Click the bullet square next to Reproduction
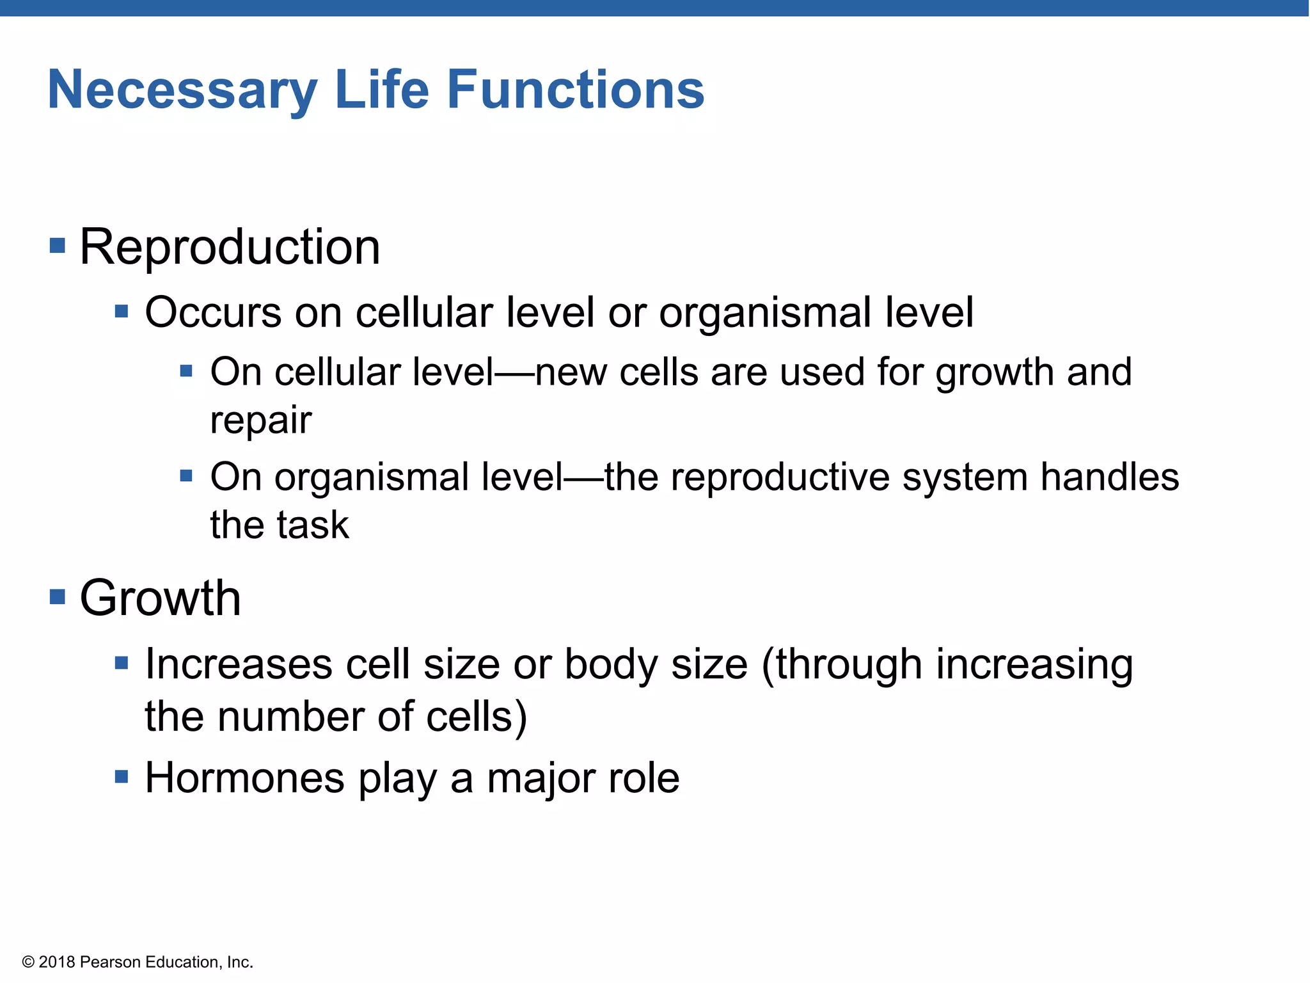pyautogui.click(x=58, y=246)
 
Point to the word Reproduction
pyautogui.click(x=230, y=247)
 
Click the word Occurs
pyautogui.click(x=213, y=313)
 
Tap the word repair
pyautogui.click(x=261, y=420)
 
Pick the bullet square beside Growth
pyautogui.click(x=58, y=597)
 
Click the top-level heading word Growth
pyautogui.click(x=160, y=598)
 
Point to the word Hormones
pyautogui.click(x=245, y=778)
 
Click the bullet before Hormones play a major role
pyautogui.click(x=122, y=777)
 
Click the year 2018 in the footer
pyautogui.click(x=57, y=962)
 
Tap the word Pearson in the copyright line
pyautogui.click(x=110, y=962)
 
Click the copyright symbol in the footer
pyautogui.click(x=28, y=962)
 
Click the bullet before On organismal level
pyautogui.click(x=186, y=476)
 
